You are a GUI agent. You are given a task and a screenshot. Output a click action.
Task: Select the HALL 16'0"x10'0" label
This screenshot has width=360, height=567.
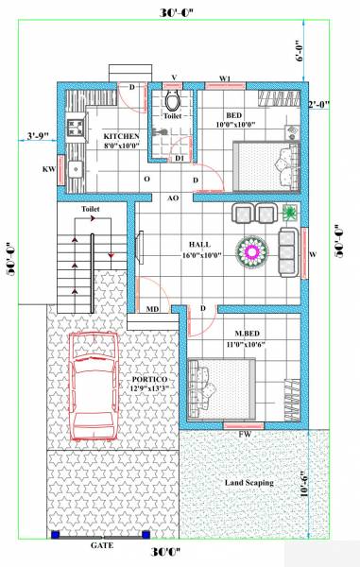click(x=203, y=249)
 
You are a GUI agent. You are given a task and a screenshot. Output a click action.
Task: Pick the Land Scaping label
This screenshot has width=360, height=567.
click(x=249, y=483)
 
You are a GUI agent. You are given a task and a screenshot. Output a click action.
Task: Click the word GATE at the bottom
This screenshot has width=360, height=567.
click(x=102, y=546)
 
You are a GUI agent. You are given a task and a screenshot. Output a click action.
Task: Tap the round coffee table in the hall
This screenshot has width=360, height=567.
click(x=252, y=250)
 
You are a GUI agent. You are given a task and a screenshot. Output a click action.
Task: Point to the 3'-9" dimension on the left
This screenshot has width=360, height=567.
click(x=37, y=135)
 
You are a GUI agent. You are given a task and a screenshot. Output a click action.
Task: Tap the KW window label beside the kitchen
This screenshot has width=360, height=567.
click(x=48, y=171)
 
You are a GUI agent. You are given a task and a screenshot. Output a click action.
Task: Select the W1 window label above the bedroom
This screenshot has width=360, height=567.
click(x=225, y=77)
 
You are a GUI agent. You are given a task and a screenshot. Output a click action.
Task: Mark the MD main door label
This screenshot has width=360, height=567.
click(x=151, y=309)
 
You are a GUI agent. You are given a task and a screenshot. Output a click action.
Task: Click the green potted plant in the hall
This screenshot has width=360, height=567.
click(x=290, y=212)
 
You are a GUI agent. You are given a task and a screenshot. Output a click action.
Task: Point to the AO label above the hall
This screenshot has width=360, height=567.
click(x=173, y=199)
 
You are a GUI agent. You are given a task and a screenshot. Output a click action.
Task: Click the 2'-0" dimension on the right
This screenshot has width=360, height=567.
click(x=319, y=105)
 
